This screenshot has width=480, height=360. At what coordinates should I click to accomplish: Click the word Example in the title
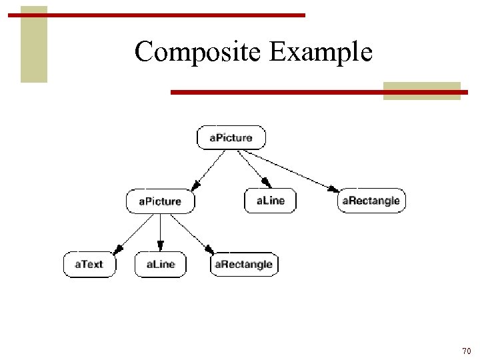coord(321,51)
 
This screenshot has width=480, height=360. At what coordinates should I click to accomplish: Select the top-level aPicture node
coord(231,138)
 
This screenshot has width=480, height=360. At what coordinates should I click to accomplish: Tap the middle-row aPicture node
coord(160,201)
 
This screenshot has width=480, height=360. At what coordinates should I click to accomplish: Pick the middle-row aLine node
coord(270,201)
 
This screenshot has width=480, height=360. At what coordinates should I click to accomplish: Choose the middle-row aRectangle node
coord(371,201)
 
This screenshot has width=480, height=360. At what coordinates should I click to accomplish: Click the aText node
coord(89,264)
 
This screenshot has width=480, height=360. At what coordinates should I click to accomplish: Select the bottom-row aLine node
coord(160,264)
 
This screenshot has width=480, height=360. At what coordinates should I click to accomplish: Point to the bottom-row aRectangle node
coord(243,264)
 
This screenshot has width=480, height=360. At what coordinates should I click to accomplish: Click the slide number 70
coord(466,351)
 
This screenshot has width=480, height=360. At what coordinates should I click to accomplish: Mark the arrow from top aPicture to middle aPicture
coord(207,169)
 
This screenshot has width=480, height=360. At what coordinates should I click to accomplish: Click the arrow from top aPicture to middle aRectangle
coord(293,169)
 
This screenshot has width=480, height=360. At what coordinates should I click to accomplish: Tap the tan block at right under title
coord(421,91)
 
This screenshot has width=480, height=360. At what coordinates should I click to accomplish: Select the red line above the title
coord(156,15)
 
